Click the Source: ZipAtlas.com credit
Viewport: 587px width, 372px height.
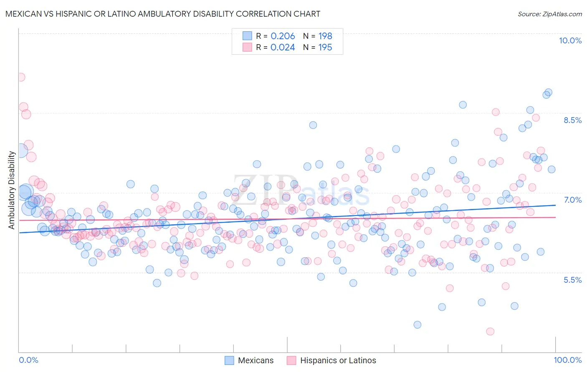tap(549, 14)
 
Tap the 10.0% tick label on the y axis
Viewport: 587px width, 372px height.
tap(570, 40)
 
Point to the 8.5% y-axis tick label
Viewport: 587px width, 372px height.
tap(572, 120)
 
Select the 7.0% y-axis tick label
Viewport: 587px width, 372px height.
tap(572, 200)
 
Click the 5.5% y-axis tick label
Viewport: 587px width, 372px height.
tap(572, 280)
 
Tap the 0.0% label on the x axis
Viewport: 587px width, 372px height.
tap(28, 360)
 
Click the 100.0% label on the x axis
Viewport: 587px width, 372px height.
tap(567, 360)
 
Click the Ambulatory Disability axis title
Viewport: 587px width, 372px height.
tap(12, 190)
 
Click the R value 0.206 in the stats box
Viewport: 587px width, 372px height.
tap(283, 36)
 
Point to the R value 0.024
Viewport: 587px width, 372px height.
tap(283, 47)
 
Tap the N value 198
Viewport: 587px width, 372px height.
tap(325, 36)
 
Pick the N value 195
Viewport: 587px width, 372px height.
tap(325, 47)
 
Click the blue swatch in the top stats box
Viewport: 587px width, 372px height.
tap(248, 36)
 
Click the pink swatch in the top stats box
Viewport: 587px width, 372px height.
tap(248, 47)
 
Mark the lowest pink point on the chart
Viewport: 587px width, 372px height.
tap(490, 332)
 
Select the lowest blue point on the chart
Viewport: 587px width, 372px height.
tap(417, 324)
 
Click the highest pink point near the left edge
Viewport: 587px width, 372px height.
tap(20, 77)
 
